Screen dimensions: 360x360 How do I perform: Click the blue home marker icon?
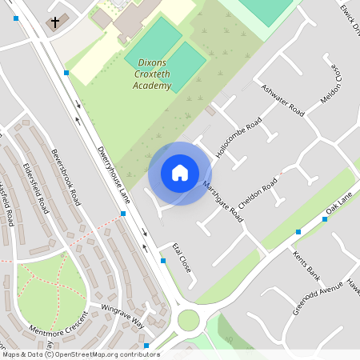click(179, 173)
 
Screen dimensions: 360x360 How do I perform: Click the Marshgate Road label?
click(222, 200)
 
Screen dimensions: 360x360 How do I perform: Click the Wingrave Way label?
click(122, 315)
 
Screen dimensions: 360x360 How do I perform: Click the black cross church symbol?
click(55, 22)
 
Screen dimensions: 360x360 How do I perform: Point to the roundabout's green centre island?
click(188, 320)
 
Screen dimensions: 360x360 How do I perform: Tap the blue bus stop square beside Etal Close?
click(162, 261)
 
